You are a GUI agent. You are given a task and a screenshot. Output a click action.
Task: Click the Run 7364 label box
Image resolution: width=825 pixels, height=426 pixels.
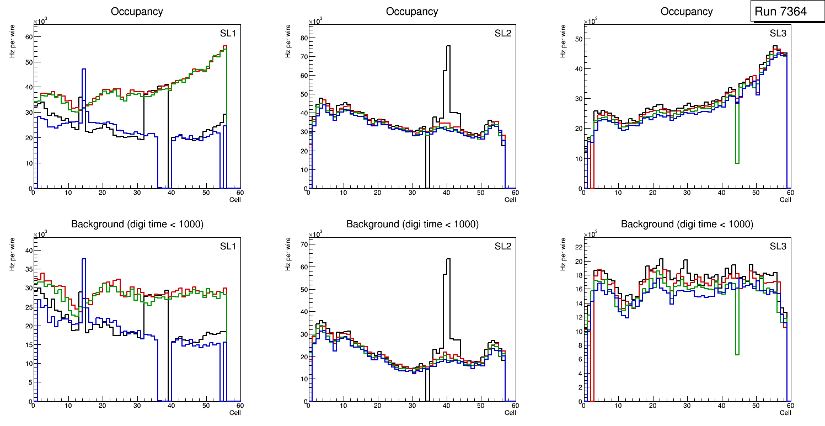coord(786,12)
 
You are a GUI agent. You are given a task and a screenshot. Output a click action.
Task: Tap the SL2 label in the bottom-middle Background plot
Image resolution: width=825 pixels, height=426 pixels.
coord(502,246)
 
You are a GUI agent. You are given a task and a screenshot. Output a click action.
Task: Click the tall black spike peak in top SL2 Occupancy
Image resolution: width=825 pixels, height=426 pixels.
coord(448,46)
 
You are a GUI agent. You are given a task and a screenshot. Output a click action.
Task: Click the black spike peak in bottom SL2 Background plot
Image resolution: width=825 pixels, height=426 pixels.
coord(448,259)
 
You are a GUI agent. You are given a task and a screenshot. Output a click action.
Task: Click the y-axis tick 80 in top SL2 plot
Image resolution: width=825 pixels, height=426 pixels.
coord(303,38)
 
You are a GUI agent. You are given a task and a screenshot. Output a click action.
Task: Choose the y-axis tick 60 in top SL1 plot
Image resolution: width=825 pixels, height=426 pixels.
coord(28,36)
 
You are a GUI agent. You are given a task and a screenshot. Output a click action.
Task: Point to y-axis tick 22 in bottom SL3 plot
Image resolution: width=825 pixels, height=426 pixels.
coord(578,247)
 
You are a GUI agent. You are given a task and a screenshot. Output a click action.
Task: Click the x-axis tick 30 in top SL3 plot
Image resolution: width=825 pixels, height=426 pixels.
coord(687,193)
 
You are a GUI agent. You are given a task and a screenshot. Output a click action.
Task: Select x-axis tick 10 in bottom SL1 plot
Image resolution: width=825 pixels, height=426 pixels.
coord(68,406)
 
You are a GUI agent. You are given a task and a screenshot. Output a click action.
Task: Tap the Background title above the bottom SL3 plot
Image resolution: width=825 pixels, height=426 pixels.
coord(687,225)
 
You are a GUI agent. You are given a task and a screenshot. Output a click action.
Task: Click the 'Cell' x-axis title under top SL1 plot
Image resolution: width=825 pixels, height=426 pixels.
coord(235,200)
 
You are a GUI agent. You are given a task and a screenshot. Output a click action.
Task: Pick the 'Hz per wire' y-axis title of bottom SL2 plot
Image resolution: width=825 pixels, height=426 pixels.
coord(287,254)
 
